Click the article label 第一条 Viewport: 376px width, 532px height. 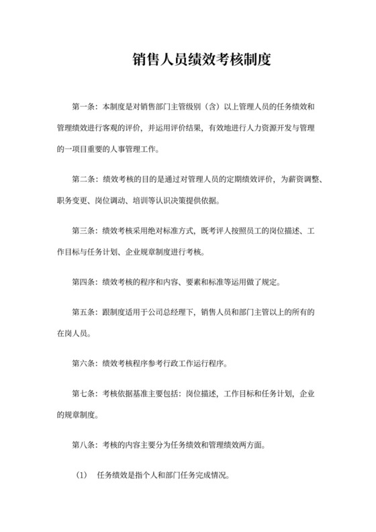83,107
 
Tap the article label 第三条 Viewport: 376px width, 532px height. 83,231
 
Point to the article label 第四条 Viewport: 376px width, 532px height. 83,282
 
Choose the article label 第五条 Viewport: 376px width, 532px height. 83,312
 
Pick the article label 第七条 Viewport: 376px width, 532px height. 83,394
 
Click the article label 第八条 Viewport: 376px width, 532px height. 83,445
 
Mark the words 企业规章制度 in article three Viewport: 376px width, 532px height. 154,251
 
